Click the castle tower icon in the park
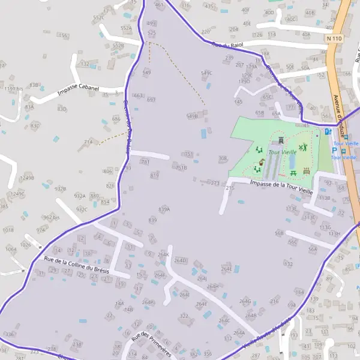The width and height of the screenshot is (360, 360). pyautogui.click(x=280, y=140)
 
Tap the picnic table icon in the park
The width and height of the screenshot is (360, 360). pyautogui.click(x=293, y=173)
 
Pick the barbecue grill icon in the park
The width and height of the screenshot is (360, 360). pyautogui.click(x=307, y=171)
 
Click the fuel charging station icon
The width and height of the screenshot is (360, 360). pyautogui.click(x=327, y=131)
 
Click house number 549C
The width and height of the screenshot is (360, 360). pyautogui.click(x=207, y=73)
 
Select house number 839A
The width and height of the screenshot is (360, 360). pyautogui.click(x=164, y=209)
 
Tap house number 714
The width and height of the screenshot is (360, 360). pyautogui.click(x=88, y=142)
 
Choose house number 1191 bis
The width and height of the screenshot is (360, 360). pyautogui.click(x=13, y=88)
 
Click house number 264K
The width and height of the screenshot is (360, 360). pyautogui.click(x=163, y=254)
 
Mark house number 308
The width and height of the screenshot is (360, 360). pyautogui.click(x=223, y=158)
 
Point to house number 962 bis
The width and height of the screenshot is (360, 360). pyautogui.click(x=52, y=217)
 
